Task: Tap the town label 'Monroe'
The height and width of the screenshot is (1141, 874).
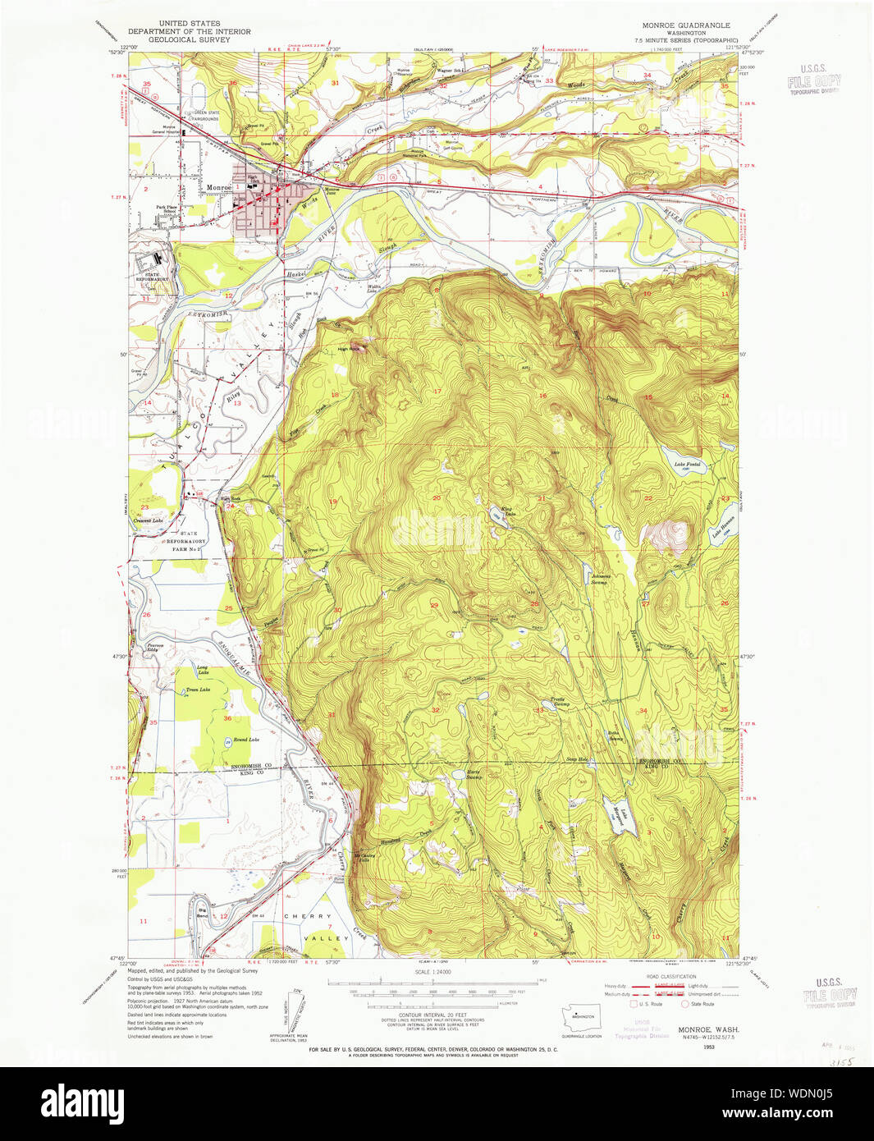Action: (218, 188)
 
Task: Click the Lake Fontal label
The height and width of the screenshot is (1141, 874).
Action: (687, 465)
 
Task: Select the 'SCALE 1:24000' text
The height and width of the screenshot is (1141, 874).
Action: (434, 972)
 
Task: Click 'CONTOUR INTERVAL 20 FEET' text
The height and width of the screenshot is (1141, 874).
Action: (433, 1015)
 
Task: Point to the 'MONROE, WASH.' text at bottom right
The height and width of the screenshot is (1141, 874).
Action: (707, 1029)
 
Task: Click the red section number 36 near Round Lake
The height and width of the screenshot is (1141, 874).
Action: (227, 718)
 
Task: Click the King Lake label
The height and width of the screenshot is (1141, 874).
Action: (507, 512)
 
